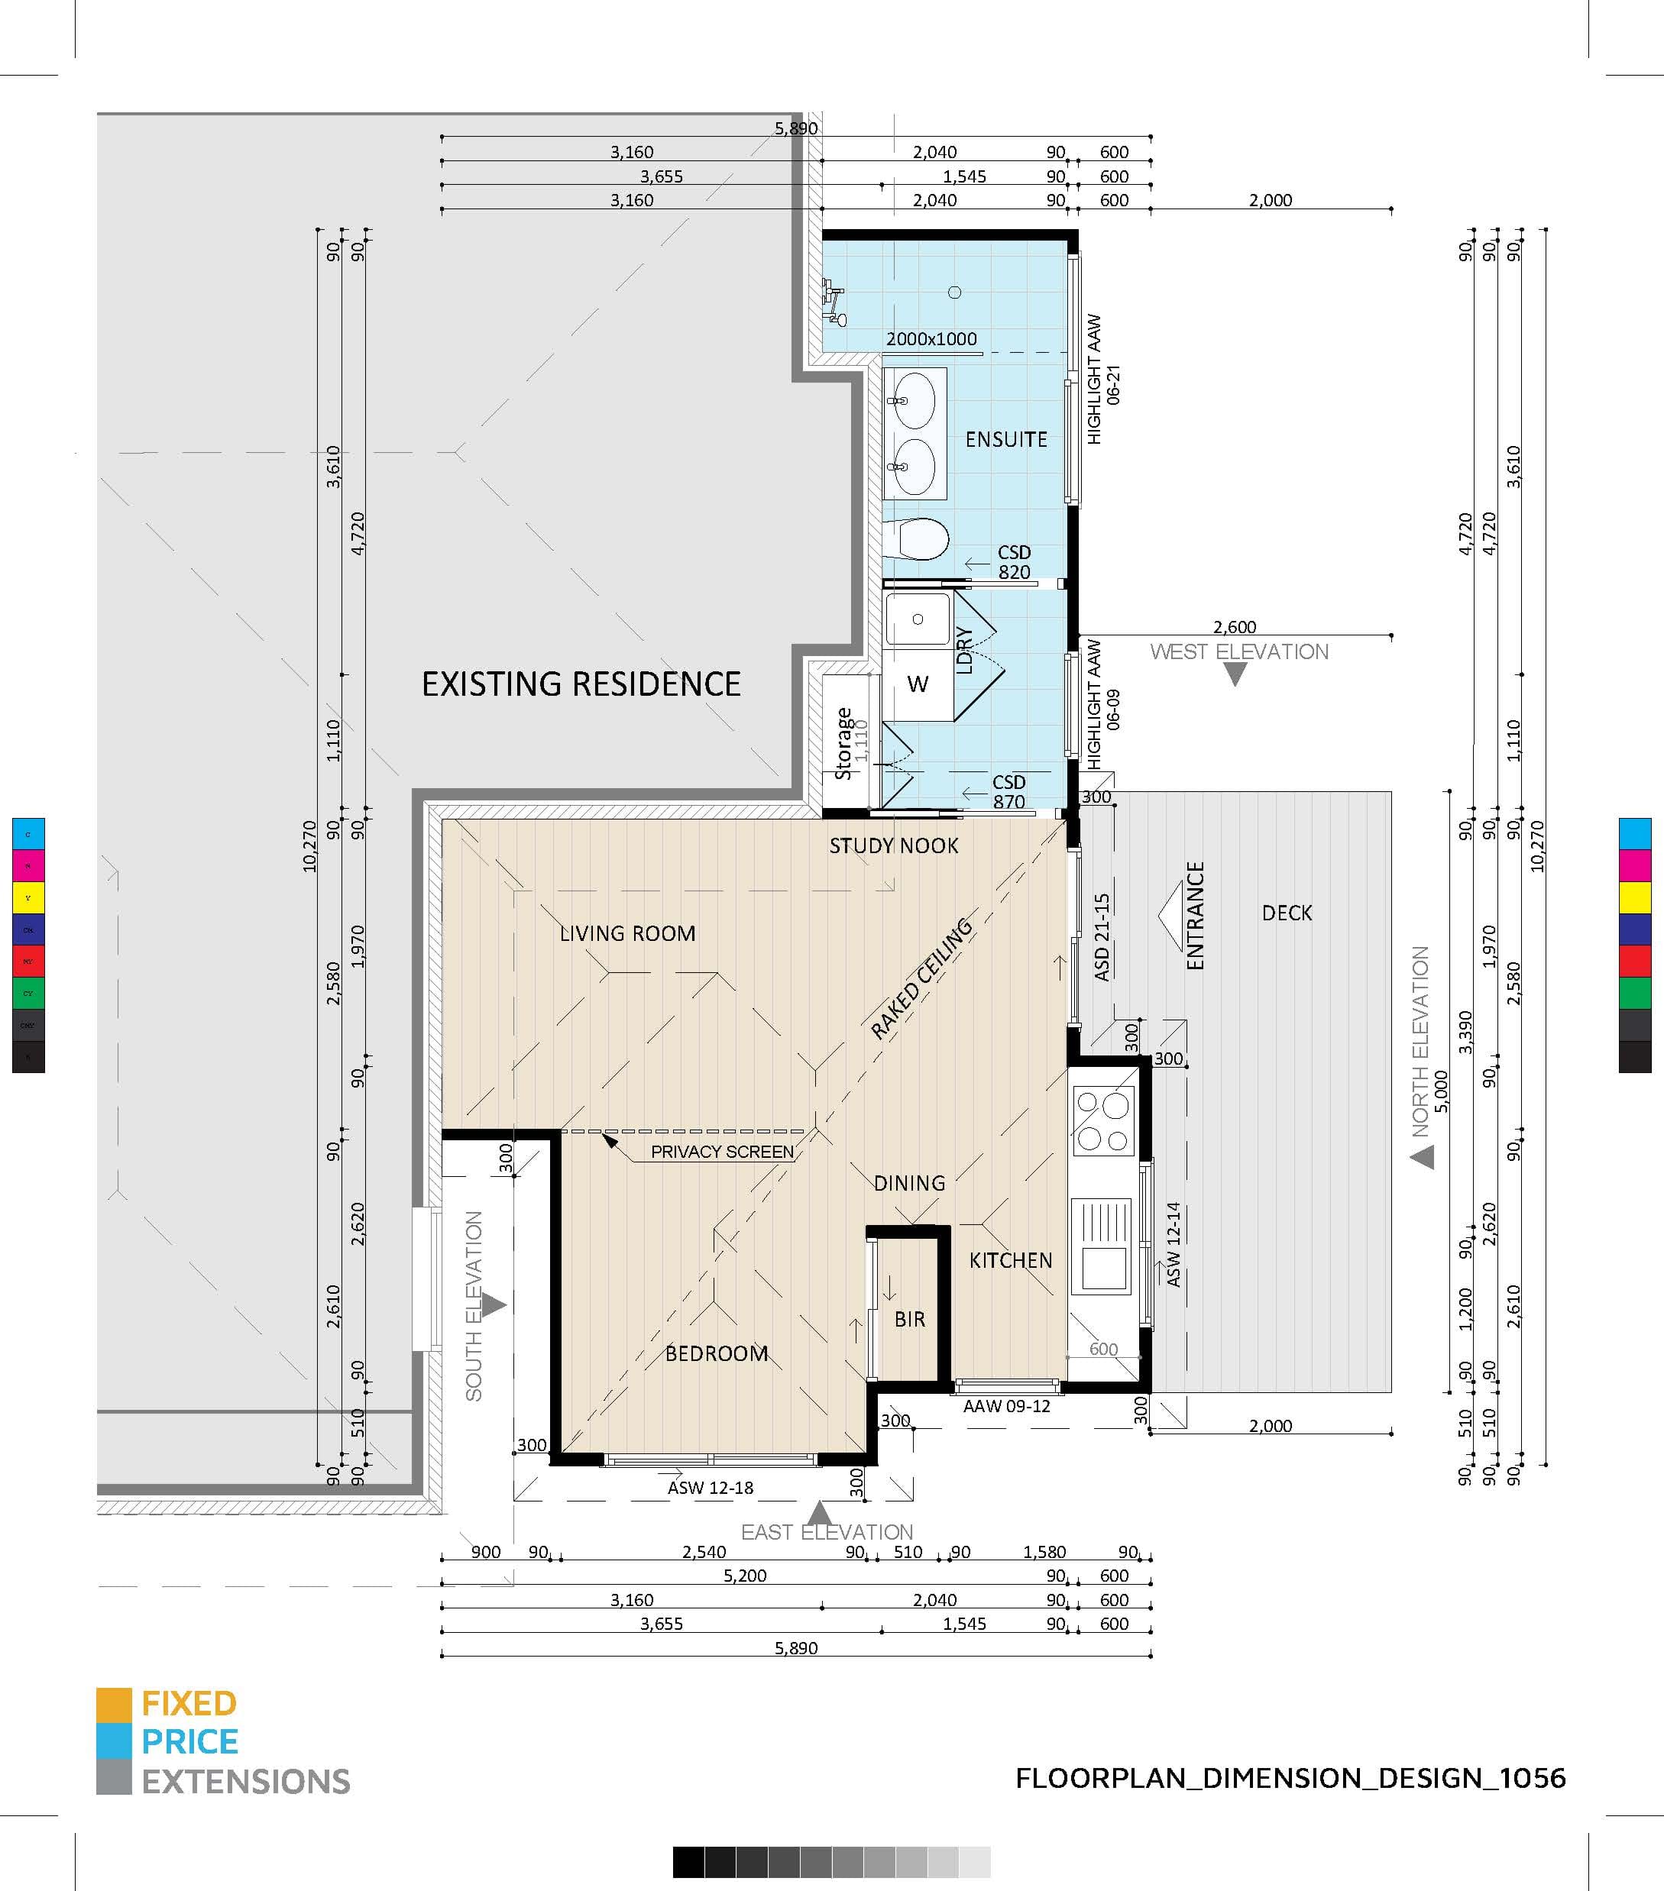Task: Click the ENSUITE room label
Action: [1006, 439]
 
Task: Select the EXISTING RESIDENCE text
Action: [581, 684]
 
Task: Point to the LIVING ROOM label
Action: [627, 933]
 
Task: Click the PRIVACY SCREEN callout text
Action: [722, 1152]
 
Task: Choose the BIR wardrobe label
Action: [910, 1319]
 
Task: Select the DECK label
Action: [1287, 913]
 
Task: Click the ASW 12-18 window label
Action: [710, 1488]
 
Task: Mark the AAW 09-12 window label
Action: [1006, 1406]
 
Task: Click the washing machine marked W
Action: [917, 684]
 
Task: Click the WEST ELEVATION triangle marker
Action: [1235, 674]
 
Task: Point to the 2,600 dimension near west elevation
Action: [1235, 627]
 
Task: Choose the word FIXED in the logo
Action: [189, 1703]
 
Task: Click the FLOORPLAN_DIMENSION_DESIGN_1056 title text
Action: [1290, 1778]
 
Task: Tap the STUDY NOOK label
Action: [893, 845]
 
